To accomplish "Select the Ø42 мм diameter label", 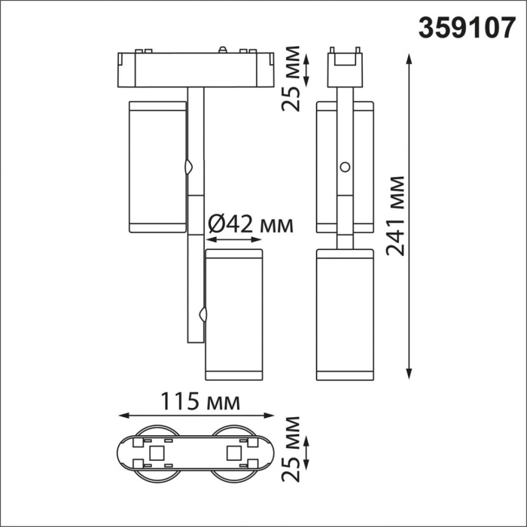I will [x=249, y=224].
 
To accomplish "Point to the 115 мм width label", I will [x=200, y=401].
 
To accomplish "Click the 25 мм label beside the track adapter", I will [x=291, y=78].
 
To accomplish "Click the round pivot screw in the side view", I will [x=345, y=166].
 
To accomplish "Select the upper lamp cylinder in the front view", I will [x=157, y=166].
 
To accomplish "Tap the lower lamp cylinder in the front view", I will [x=233, y=315].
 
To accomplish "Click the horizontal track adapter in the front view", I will [x=195, y=69].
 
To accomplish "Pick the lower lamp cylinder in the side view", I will [x=345, y=315].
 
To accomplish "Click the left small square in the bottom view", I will [x=158, y=453].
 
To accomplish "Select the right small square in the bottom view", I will [x=233, y=453].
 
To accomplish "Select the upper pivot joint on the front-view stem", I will [x=190, y=166].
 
